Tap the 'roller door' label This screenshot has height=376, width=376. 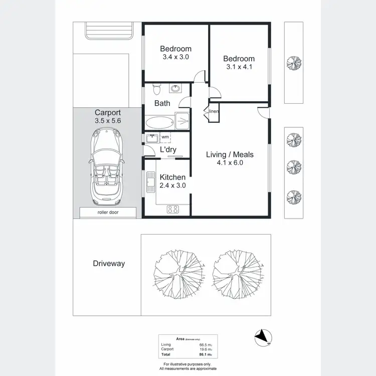click(108, 213)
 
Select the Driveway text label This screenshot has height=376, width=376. click(109, 263)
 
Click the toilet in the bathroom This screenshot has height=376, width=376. click(156, 89)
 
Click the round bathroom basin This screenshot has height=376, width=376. click(176, 89)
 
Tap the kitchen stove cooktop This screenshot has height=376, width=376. click(173, 209)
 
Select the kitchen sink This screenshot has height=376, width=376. click(149, 182)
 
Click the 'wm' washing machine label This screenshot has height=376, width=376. click(164, 136)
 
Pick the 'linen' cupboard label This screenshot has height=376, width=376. click(214, 111)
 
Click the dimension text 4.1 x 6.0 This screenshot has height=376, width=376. click(230, 163)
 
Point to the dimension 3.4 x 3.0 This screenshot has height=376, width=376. click(175, 57)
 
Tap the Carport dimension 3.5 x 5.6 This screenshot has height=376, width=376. click(108, 121)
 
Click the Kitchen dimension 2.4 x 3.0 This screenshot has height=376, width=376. click(172, 185)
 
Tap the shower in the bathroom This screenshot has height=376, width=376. click(182, 121)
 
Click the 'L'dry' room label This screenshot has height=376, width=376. click(168, 150)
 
